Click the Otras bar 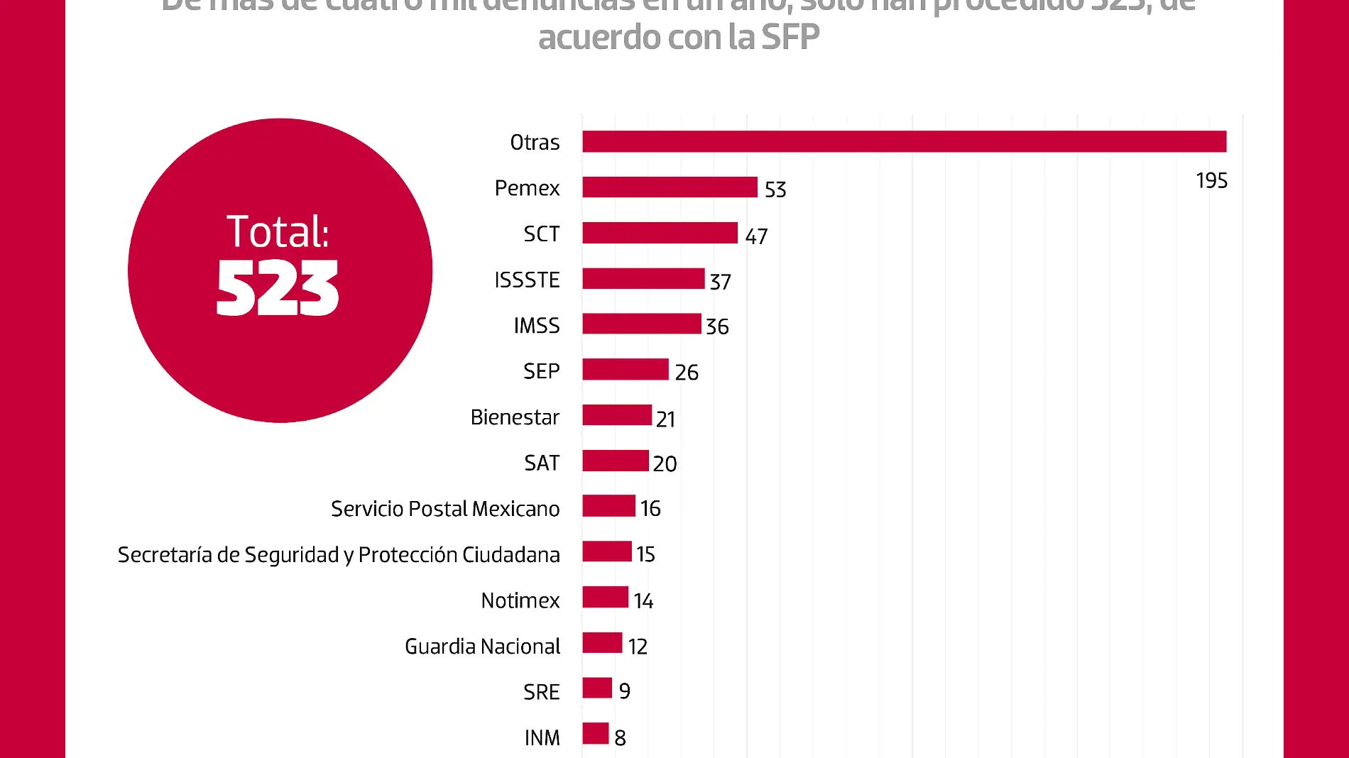click(904, 142)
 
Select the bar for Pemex click(670, 187)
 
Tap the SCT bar click(660, 233)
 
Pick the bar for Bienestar click(617, 415)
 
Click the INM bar click(596, 734)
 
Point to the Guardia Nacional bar click(602, 643)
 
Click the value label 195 click(1211, 181)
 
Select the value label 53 click(775, 189)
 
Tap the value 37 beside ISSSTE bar click(720, 282)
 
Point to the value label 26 click(687, 373)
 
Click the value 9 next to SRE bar click(625, 691)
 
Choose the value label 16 click(650, 509)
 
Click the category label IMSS click(537, 326)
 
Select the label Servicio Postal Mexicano click(445, 509)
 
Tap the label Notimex click(520, 600)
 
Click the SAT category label click(542, 463)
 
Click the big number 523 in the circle click(278, 288)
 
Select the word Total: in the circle click(278, 231)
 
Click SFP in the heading click(790, 37)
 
